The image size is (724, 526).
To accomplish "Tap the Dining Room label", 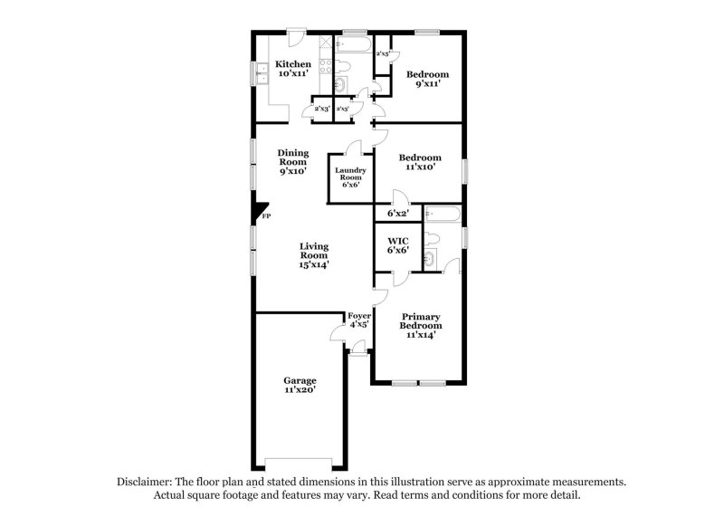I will tap(292, 162).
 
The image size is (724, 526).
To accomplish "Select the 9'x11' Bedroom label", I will tap(427, 79).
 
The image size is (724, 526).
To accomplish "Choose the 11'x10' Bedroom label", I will tap(421, 161).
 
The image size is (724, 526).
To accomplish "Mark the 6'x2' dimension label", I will tap(398, 214).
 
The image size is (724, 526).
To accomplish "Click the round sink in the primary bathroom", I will tap(430, 261).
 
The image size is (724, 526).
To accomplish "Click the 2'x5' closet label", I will tap(383, 54).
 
